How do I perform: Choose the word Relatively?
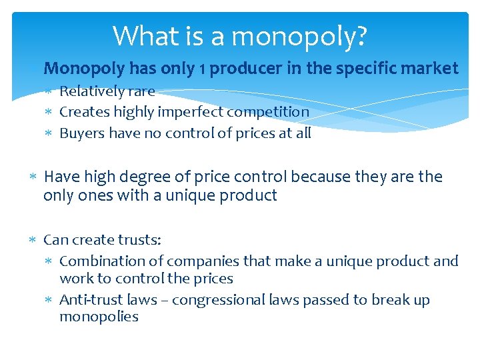(x=89, y=91)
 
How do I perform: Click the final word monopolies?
(x=99, y=317)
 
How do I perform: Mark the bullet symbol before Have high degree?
(x=33, y=177)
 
